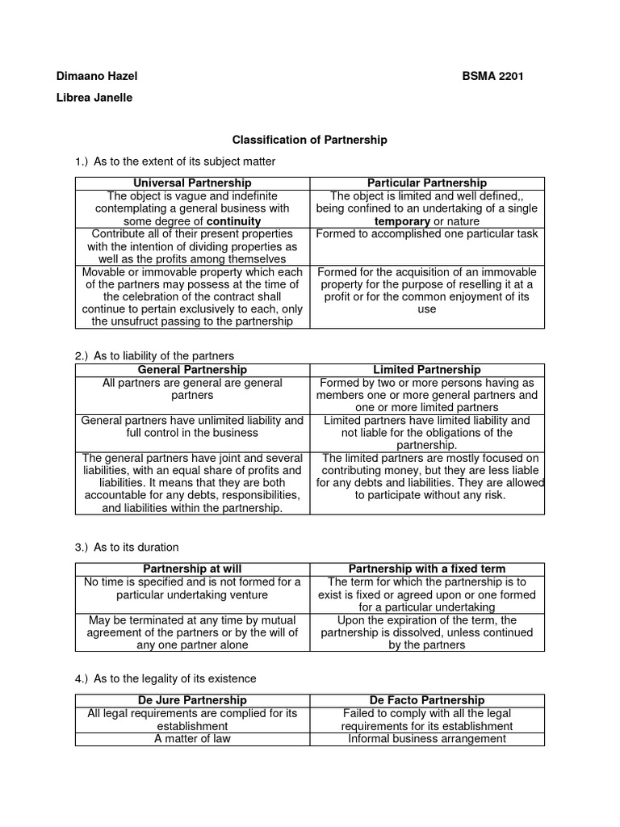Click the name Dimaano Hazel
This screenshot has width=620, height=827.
pyautogui.click(x=97, y=76)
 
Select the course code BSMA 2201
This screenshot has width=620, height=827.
pyautogui.click(x=495, y=76)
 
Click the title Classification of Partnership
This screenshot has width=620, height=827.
pyautogui.click(x=310, y=140)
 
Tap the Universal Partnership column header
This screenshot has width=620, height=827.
pyautogui.click(x=192, y=183)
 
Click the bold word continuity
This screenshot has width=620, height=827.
pyautogui.click(x=233, y=220)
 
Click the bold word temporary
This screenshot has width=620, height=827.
pyautogui.click(x=402, y=220)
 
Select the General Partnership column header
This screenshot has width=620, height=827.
pyautogui.click(x=192, y=369)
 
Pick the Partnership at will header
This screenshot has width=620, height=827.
pyautogui.click(x=192, y=569)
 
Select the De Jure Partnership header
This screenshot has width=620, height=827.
pyautogui.click(x=192, y=700)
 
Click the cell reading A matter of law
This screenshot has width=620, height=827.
pyautogui.click(x=192, y=738)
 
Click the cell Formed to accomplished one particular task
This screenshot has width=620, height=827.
pyautogui.click(x=427, y=234)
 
